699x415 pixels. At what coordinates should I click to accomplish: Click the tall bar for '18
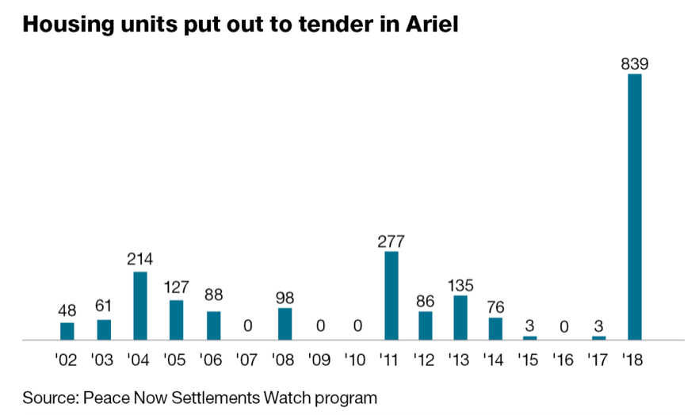pyautogui.click(x=634, y=206)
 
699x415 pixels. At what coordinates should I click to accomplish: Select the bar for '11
pyautogui.click(x=391, y=295)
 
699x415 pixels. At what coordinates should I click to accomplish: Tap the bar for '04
pyautogui.click(x=139, y=306)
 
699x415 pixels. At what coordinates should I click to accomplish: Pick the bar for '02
pyautogui.click(x=67, y=331)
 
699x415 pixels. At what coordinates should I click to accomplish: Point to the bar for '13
pyautogui.click(x=460, y=318)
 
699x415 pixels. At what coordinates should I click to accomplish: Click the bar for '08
pyautogui.click(x=285, y=324)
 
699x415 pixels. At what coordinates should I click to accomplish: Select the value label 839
pyautogui.click(x=635, y=64)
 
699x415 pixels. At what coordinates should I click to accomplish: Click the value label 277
pyautogui.click(x=391, y=241)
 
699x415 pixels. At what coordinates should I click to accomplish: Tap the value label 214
pyautogui.click(x=139, y=261)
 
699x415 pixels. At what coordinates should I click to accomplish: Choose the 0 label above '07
pyautogui.click(x=248, y=325)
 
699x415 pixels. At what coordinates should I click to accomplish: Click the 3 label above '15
pyautogui.click(x=529, y=325)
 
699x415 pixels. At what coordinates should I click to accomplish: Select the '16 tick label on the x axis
pyautogui.click(x=564, y=360)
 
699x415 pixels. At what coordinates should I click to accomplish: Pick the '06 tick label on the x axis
pyautogui.click(x=212, y=360)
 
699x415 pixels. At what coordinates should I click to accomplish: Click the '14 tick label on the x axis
pyautogui.click(x=495, y=360)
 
